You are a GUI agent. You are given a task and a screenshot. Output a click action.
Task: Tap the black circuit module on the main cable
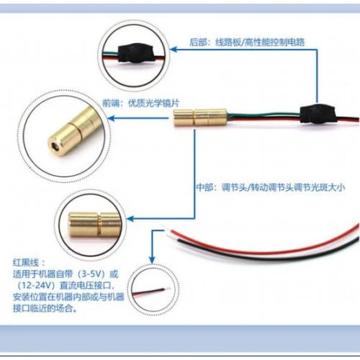pyautogui.click(x=318, y=114)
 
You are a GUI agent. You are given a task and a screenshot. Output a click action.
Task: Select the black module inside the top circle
pyautogui.click(x=135, y=53)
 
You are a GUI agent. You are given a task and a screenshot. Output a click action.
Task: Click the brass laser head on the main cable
pyautogui.click(x=200, y=117)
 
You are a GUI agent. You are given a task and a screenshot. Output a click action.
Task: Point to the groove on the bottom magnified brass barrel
pyautogui.click(x=99, y=225)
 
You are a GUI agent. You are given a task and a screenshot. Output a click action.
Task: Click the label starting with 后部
pyautogui.click(x=247, y=42)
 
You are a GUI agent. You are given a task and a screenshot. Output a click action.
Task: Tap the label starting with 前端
pyautogui.click(x=141, y=103)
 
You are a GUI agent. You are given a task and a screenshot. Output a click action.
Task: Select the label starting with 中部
pyautogui.click(x=271, y=187)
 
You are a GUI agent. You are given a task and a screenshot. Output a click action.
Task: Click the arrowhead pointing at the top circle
pyautogui.click(x=174, y=50)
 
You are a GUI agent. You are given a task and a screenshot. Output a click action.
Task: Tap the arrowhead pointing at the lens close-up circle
pyautogui.click(x=111, y=118)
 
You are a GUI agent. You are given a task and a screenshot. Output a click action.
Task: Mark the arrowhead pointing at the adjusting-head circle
pyautogui.click(x=130, y=219)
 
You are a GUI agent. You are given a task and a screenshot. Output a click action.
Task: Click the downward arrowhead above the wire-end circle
pyautogui.click(x=152, y=260)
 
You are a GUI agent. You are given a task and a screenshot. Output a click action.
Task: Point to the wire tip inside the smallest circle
pyautogui.click(x=168, y=288)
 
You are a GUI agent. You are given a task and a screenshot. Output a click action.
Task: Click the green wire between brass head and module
pyautogui.click(x=264, y=114)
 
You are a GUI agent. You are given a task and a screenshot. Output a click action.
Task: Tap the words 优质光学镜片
pyautogui.click(x=154, y=103)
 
